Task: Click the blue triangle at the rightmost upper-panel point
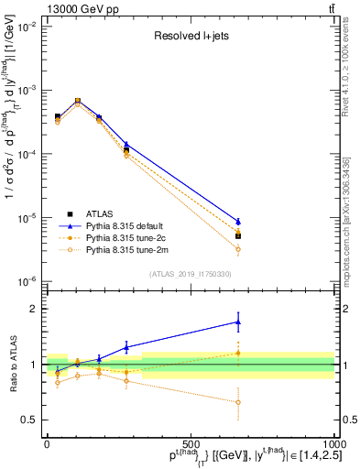coord(238,222)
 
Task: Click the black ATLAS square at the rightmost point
coord(238,236)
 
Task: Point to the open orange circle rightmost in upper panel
coord(238,249)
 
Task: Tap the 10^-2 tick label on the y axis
coord(27,27)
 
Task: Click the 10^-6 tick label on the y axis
coord(27,281)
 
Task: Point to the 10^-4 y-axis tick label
coord(27,155)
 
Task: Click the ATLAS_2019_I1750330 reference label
coord(190,274)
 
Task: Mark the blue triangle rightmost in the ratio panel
coord(238,322)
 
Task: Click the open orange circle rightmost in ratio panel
coord(238,402)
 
